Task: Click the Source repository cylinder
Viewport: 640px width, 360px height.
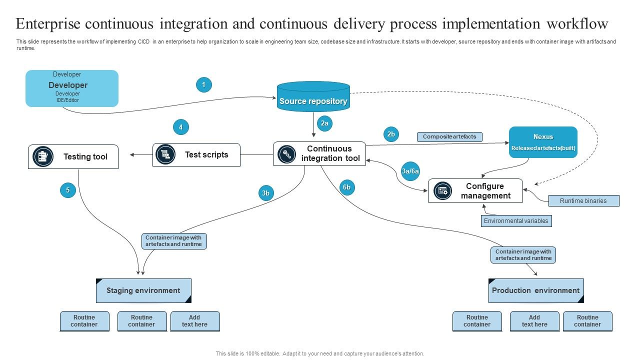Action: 313,97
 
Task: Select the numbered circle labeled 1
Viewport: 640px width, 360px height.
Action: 203,85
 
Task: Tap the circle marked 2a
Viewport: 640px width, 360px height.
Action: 324,123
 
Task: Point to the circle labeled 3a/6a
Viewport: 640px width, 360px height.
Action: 410,171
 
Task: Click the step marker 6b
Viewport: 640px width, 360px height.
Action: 346,187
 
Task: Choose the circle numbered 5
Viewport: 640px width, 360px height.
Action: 68,190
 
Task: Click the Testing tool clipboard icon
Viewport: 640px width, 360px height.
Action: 43,157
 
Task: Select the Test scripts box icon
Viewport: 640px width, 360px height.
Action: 165,154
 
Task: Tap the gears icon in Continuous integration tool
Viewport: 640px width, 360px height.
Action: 287,154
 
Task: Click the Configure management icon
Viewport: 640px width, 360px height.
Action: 442,190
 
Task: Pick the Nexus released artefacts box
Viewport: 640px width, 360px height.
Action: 543,142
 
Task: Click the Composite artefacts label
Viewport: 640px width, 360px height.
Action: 449,136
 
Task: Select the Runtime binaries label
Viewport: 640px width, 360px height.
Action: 583,201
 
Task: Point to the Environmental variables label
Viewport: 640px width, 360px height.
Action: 516,221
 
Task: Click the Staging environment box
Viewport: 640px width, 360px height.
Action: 143,290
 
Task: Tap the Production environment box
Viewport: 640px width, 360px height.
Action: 535,290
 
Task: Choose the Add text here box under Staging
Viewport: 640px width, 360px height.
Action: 194,321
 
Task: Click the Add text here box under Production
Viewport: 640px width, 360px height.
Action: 534,321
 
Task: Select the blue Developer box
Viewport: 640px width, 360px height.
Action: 72,88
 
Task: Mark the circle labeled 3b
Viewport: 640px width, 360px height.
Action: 266,193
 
